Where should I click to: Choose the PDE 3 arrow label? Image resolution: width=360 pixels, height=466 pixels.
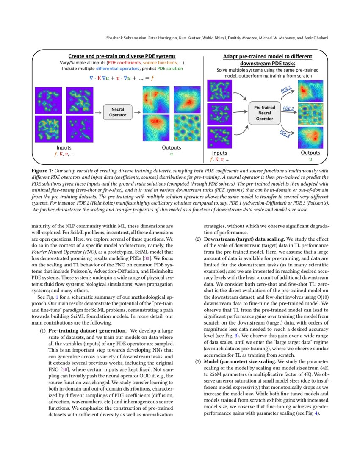[285, 134]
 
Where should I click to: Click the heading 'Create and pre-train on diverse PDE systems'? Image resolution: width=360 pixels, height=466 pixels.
[122, 56]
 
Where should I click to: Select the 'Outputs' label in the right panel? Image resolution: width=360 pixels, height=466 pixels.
[310, 153]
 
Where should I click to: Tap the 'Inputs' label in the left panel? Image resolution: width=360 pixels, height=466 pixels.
[64, 148]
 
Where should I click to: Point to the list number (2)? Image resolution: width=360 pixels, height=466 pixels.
[198, 239]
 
